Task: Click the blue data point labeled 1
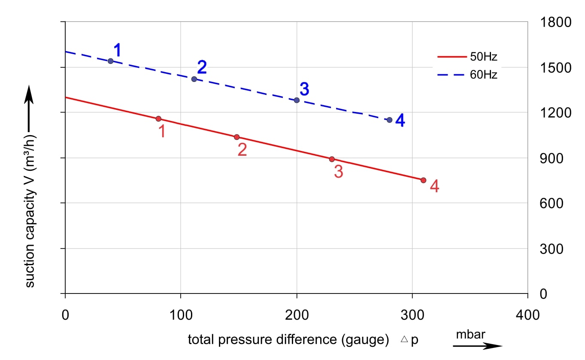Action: coord(111,61)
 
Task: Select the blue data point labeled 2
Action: coord(194,79)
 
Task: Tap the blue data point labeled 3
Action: coord(297,100)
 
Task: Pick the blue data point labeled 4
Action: coord(389,120)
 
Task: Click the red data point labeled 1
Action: coord(158,118)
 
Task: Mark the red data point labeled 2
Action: coord(236,137)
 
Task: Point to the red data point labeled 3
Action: coord(332,159)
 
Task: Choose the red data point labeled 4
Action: coord(423,180)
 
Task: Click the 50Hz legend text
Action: coord(484,57)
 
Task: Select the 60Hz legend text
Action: coord(484,75)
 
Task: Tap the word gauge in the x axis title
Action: coord(365,340)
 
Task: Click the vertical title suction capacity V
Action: coord(30,210)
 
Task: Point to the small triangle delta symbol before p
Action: coord(404,339)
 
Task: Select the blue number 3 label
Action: coord(304,89)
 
